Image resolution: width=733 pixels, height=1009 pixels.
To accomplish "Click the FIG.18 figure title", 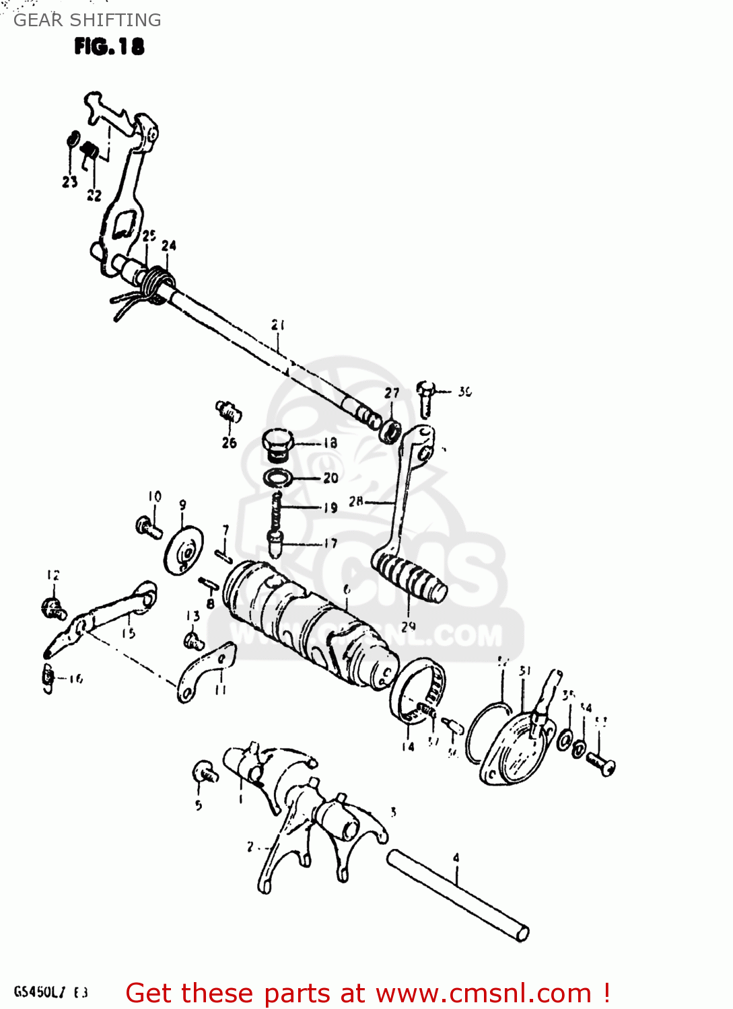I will (109, 46).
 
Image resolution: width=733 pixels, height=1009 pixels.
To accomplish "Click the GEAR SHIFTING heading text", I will (88, 20).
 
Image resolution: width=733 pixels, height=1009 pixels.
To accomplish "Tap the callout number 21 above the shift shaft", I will (278, 325).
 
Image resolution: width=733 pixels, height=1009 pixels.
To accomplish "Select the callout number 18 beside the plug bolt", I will (330, 443).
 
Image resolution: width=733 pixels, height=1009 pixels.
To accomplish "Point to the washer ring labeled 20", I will (277, 478).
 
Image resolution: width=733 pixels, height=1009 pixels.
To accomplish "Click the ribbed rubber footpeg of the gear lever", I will (409, 576).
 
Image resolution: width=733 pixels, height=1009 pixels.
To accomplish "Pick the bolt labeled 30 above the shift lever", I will (425, 398).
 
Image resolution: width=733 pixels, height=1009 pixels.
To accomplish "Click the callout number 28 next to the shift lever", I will (356, 501).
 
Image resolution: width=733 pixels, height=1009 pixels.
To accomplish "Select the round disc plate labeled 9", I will (184, 550).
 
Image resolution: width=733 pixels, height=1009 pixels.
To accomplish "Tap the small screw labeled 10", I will (149, 527).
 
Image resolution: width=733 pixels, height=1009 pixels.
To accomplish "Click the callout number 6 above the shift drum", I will (347, 589).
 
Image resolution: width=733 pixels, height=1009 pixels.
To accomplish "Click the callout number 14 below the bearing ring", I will (408, 746).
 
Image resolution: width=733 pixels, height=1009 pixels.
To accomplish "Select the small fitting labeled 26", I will (229, 411).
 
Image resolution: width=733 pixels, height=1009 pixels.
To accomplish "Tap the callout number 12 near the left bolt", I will (53, 575).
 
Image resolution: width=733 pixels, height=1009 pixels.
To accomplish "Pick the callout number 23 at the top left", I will (70, 182).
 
